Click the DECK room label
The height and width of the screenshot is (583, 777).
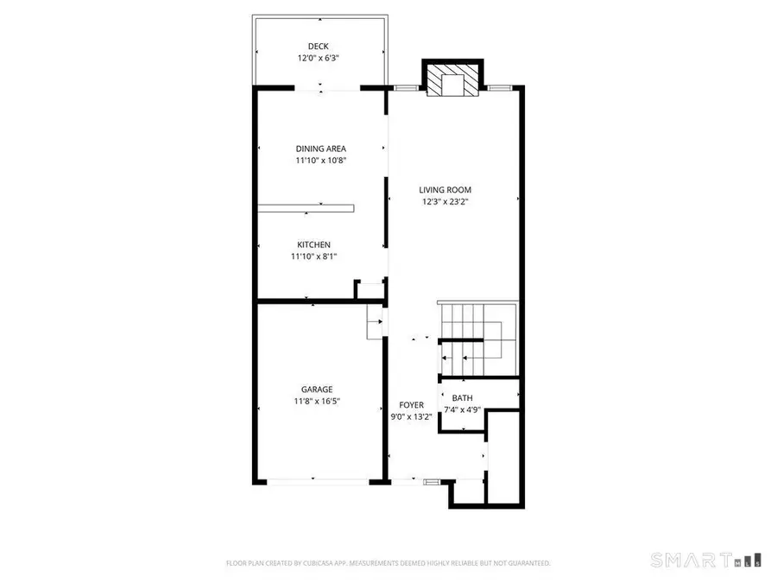click(x=319, y=47)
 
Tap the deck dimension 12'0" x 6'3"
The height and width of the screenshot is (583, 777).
click(x=319, y=59)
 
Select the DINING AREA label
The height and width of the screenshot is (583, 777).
click(x=321, y=149)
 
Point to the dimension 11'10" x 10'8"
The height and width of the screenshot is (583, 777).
click(x=321, y=161)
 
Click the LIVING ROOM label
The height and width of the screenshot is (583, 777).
click(x=445, y=190)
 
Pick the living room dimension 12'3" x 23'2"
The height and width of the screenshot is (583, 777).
click(x=445, y=202)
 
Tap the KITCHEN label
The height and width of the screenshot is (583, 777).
click(x=314, y=244)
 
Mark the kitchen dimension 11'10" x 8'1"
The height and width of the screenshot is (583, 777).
click(x=314, y=257)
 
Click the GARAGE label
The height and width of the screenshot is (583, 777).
click(x=317, y=389)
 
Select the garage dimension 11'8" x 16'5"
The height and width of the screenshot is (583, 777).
click(x=317, y=401)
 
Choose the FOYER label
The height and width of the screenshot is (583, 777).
click(x=410, y=404)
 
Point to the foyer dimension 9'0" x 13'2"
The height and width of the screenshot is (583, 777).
click(x=410, y=416)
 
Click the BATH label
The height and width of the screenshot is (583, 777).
click(x=462, y=398)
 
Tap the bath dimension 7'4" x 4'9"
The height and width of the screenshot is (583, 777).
click(x=462, y=410)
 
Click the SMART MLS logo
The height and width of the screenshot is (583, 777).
click(x=705, y=559)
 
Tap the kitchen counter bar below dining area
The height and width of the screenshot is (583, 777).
click(x=306, y=207)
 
